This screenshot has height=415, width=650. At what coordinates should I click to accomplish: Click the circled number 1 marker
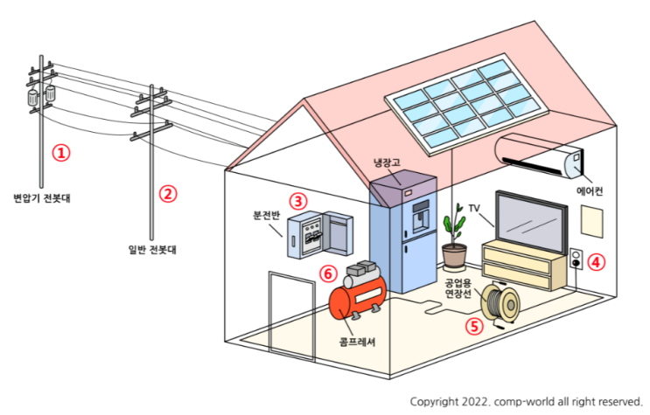(x=60, y=152)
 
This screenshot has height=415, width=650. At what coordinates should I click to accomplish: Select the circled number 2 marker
(x=168, y=193)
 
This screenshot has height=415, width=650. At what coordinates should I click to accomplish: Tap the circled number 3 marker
(x=298, y=200)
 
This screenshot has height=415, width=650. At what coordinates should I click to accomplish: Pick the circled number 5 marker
(x=473, y=326)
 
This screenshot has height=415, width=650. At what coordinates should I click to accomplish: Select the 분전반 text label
(x=265, y=214)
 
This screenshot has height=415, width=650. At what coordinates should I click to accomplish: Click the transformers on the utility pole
(x=40, y=94)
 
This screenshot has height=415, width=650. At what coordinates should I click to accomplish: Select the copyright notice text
(x=526, y=401)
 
